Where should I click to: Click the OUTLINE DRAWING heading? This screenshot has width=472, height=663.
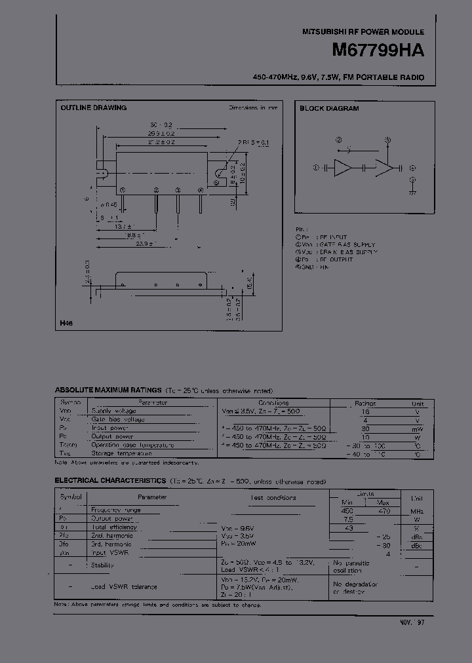coord(94,108)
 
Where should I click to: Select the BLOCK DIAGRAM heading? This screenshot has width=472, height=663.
coord(329,109)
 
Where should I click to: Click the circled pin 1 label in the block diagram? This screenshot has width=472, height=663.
coord(316,168)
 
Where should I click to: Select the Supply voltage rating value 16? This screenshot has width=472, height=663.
coord(366,411)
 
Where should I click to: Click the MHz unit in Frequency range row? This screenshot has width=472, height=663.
coord(417,510)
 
